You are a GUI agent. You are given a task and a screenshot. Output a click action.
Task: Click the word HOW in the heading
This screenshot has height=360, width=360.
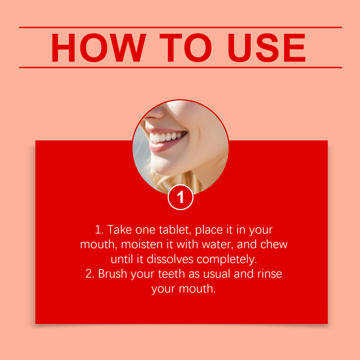tap(99, 48)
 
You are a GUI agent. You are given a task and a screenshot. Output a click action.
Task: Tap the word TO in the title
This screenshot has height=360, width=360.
tap(185, 48)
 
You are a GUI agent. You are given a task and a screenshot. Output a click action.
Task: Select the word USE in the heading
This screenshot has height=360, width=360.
tap(267, 48)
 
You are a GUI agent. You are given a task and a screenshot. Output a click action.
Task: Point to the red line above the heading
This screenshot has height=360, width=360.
tap(180, 27)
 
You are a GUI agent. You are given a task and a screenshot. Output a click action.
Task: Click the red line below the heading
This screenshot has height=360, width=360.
tap(180, 67)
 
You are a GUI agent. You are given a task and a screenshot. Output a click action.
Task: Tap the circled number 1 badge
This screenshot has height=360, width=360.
tap(180, 197)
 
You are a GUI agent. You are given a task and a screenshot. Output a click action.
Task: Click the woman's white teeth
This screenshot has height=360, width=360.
tap(166, 137)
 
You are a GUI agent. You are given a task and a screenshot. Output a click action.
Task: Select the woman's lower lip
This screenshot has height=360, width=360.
tap(164, 145)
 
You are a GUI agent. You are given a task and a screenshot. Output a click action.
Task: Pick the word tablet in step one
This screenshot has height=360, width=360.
tap(175, 229)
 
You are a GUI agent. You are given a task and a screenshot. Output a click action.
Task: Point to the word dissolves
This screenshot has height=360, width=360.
tap(170, 259)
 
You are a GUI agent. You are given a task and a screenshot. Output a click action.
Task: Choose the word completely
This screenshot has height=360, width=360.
tap(227, 260)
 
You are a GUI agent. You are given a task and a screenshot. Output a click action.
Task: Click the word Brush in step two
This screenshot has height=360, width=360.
tap(112, 274)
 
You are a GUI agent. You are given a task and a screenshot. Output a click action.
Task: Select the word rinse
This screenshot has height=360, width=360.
tap(270, 274)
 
